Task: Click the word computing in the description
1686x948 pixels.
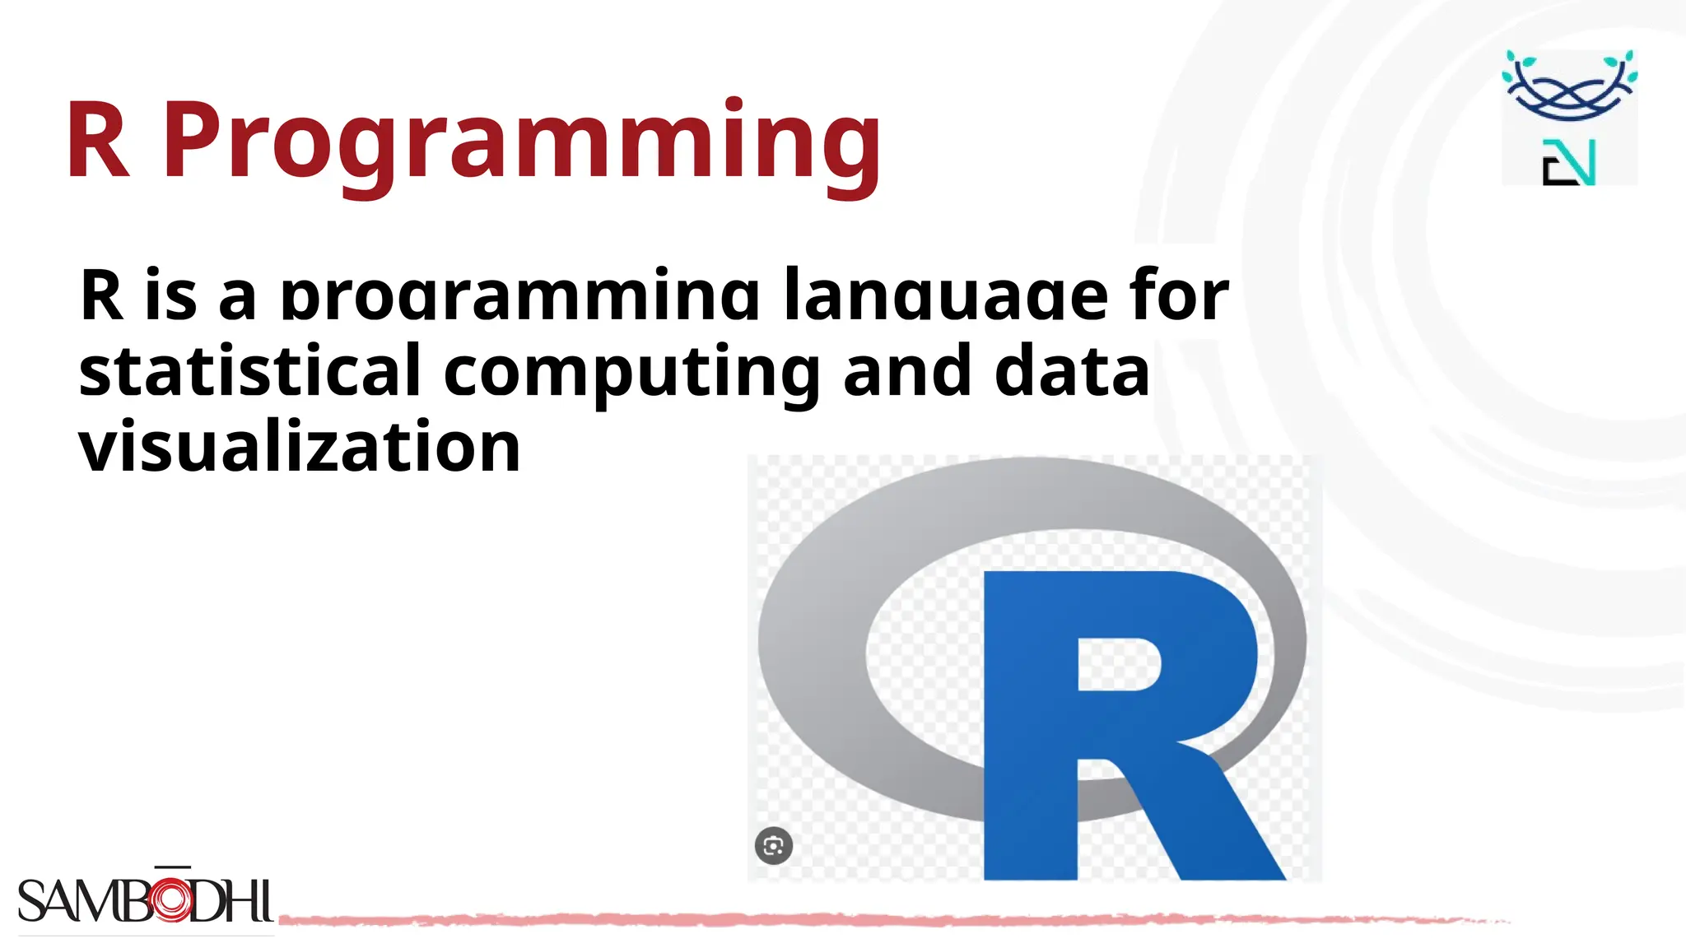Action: [631, 373]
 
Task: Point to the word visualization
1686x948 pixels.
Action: [300, 447]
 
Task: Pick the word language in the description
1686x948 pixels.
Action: [946, 295]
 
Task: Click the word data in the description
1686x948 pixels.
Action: [1072, 371]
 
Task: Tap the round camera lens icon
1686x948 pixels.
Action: [774, 845]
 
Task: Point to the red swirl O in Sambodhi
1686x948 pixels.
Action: [170, 899]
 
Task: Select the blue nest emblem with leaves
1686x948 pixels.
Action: [1569, 86]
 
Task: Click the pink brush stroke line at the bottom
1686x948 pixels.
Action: [823, 919]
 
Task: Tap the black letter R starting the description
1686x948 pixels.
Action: [102, 295]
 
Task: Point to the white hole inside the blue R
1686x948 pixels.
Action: [1117, 664]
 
